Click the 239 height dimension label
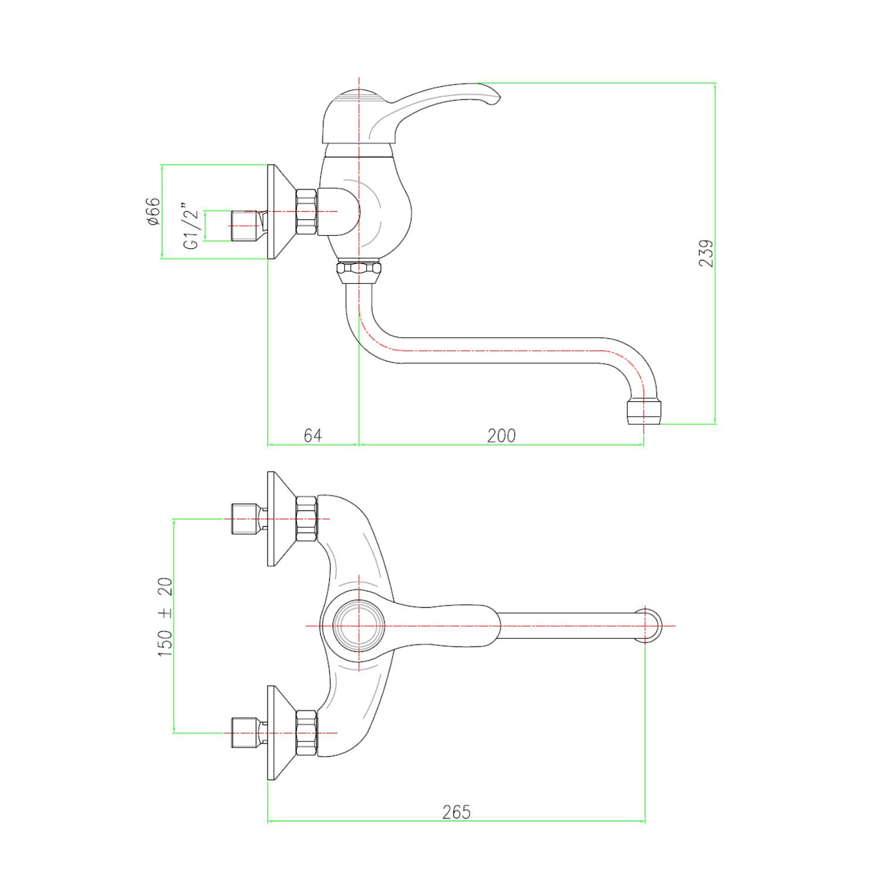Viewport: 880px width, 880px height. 706,253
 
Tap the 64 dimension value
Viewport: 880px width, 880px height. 313,435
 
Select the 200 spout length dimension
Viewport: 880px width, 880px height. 502,435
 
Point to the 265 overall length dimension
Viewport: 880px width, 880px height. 456,812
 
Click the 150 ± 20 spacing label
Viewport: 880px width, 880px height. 165,617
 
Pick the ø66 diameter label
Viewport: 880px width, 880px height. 152,211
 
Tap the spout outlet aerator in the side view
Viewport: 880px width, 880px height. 644,412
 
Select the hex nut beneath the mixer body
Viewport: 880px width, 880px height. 358,273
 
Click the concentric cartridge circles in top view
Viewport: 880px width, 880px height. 358,626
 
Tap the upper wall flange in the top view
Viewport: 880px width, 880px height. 281,519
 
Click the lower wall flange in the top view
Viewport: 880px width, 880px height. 281,733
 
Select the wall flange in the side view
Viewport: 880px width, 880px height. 281,211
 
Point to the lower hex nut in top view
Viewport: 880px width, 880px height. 306,733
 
